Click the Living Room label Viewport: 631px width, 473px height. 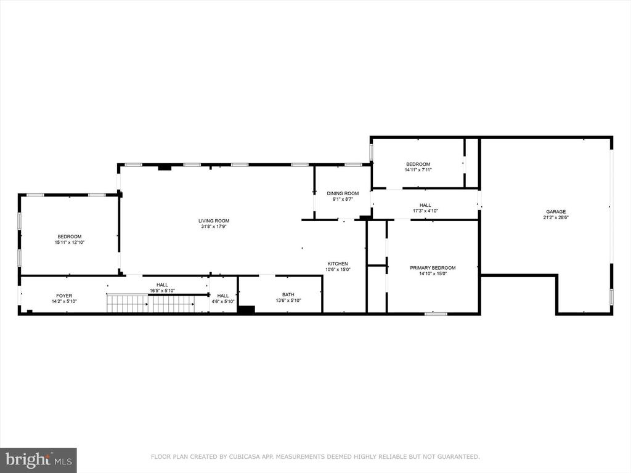coord(214,221)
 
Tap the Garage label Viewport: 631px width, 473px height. coord(556,212)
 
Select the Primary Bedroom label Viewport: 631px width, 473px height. coord(433,268)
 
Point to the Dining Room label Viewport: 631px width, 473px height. coord(343,193)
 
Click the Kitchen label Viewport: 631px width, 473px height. coord(338,264)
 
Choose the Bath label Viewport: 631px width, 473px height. coord(288,295)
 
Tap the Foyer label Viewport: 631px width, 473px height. coord(64,296)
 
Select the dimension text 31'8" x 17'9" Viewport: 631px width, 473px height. coord(214,227)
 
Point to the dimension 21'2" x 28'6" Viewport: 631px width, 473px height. coord(556,217)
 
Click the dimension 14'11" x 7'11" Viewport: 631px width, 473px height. coord(418,170)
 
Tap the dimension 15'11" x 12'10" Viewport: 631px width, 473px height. coord(70,243)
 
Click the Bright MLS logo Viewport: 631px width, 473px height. coord(38,460)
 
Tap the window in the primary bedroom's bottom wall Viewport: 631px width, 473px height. coord(436,313)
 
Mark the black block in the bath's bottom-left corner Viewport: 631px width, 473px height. coord(246,310)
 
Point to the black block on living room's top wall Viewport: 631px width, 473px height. coord(165,168)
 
